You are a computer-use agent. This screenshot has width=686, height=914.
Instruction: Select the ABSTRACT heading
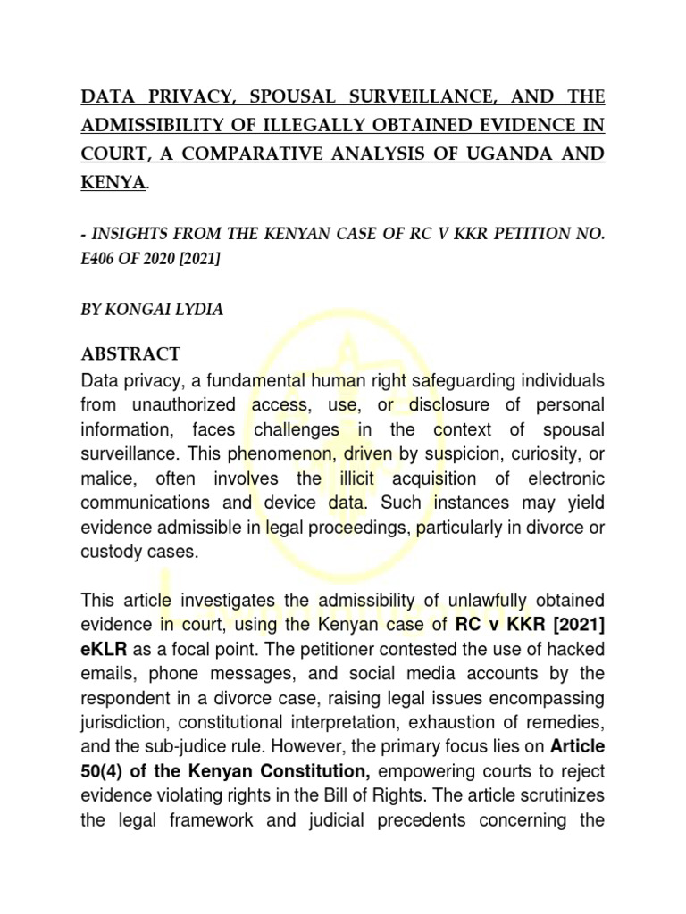click(x=130, y=353)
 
